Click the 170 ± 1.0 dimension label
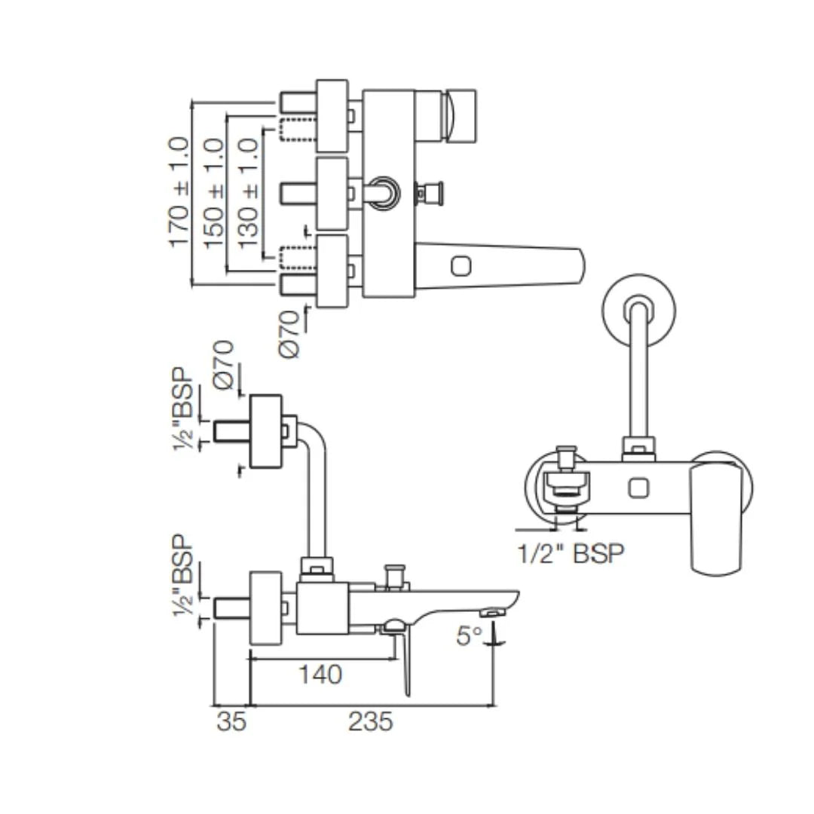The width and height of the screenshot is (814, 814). pyautogui.click(x=179, y=191)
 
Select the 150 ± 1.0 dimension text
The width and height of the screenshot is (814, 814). pyautogui.click(x=214, y=193)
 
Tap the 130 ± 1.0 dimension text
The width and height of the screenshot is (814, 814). pyautogui.click(x=248, y=193)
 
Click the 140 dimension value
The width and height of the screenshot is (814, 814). pyautogui.click(x=320, y=674)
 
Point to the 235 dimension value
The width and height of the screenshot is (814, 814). pyautogui.click(x=370, y=721)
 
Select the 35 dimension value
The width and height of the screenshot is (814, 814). pyautogui.click(x=231, y=721)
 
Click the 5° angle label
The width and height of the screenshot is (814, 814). pyautogui.click(x=468, y=636)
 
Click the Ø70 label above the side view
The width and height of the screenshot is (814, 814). pyautogui.click(x=224, y=364)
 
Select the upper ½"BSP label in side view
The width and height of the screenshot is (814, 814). pyautogui.click(x=183, y=409)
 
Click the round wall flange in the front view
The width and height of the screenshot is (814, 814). pyautogui.click(x=638, y=310)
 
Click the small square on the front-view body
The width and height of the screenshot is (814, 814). pyautogui.click(x=638, y=488)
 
